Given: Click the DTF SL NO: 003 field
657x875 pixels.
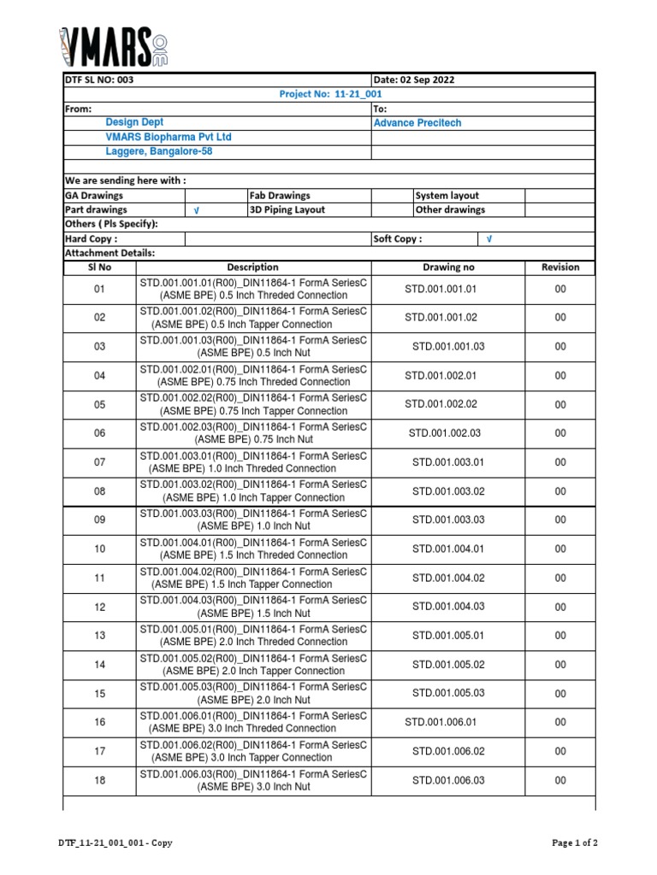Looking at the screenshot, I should tap(99, 80).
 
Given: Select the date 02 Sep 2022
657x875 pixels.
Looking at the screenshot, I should tap(414, 80).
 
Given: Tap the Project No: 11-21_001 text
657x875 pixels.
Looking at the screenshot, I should tap(330, 94).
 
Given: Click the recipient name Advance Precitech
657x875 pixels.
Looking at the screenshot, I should tap(417, 123).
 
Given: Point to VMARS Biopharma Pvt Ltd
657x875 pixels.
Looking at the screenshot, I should tap(169, 137).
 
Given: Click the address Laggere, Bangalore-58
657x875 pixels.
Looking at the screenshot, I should tap(159, 151).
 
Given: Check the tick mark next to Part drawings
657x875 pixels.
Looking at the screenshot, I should tap(197, 210).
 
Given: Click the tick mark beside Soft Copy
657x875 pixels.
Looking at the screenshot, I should tap(489, 239).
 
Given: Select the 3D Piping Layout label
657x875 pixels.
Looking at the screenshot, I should tap(287, 209).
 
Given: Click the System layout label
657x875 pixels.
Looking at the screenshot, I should tap(447, 196).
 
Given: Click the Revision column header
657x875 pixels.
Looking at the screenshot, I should tap(560, 267).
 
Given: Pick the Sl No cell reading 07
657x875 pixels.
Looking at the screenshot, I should tap(100, 462).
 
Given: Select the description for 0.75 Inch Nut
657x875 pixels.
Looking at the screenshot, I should tap(253, 433).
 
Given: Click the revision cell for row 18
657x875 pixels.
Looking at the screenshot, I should tap(560, 780).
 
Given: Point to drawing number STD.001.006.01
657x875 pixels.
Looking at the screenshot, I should tap(441, 722).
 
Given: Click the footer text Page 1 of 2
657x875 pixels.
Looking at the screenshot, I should tap(575, 843).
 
